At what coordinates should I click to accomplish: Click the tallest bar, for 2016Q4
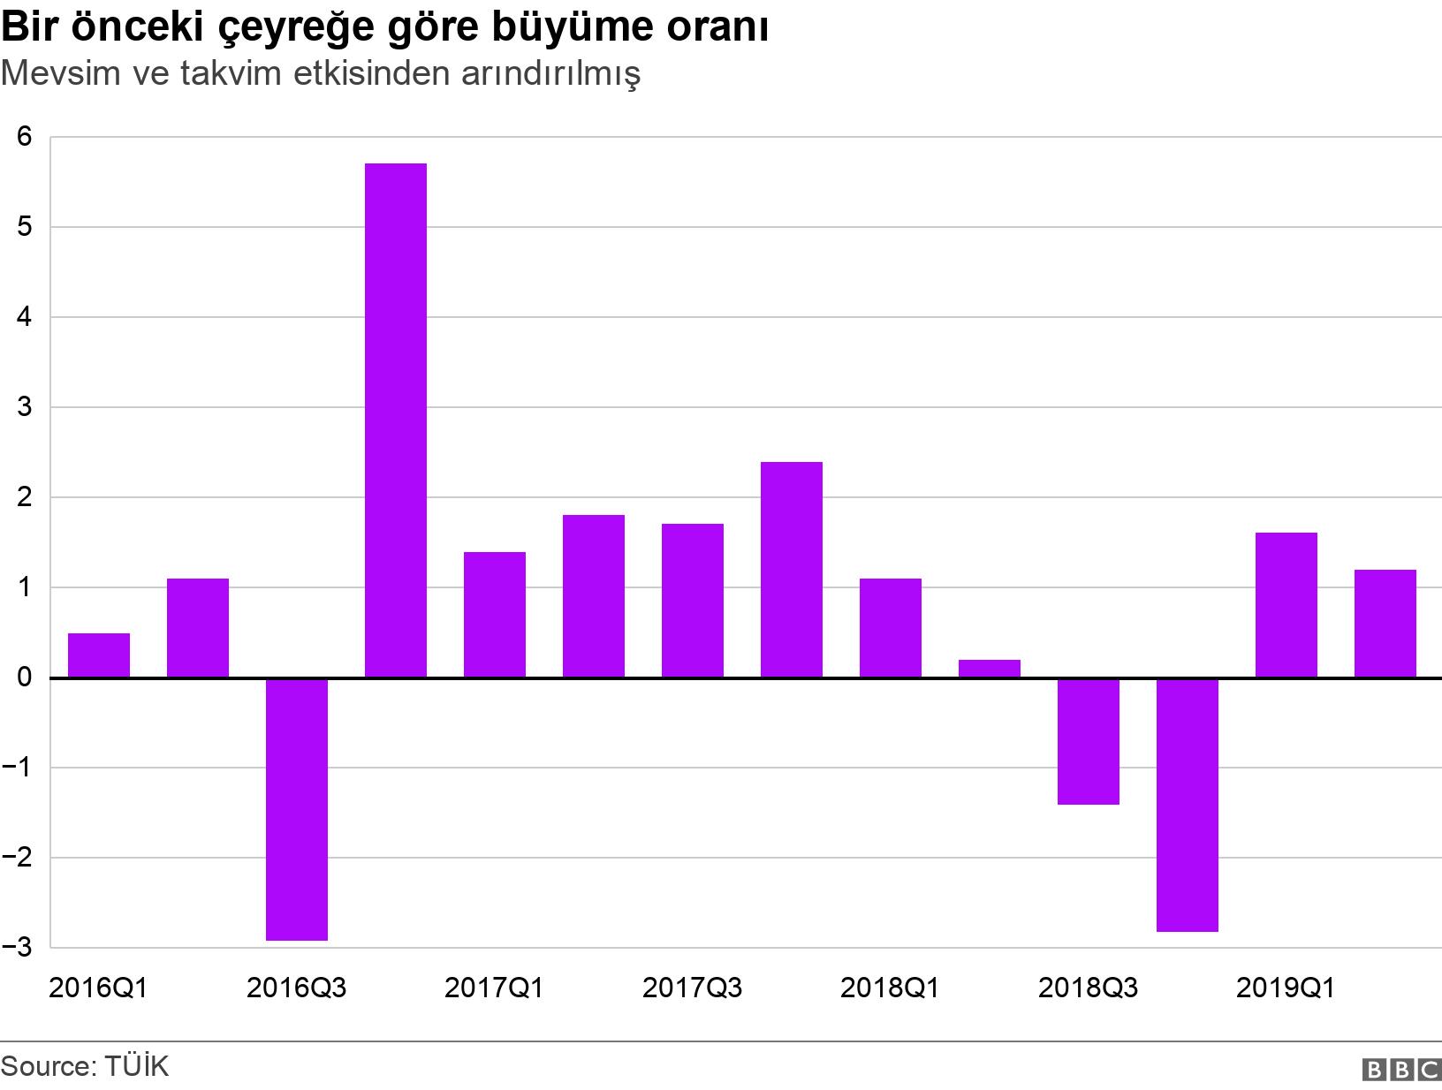[396, 420]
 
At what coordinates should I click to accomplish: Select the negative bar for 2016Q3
[297, 809]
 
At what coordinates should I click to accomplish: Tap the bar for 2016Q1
[99, 655]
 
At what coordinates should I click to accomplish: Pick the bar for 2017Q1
[495, 615]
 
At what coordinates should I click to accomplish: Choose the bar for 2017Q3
[693, 601]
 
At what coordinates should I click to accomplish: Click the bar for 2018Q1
[891, 628]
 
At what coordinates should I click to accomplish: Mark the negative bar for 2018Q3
[1089, 741]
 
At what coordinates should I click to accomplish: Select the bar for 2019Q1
[1286, 605]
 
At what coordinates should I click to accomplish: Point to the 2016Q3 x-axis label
[297, 988]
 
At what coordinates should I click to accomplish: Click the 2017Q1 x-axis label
[495, 988]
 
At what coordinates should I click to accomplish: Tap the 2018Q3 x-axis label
[1089, 988]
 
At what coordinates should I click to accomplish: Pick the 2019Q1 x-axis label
[1286, 988]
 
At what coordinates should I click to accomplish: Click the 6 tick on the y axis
[24, 137]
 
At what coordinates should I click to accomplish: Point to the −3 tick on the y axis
[19, 948]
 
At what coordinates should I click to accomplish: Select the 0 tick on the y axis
[24, 677]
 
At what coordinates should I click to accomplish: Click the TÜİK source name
[135, 1066]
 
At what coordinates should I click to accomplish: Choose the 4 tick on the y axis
[24, 317]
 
